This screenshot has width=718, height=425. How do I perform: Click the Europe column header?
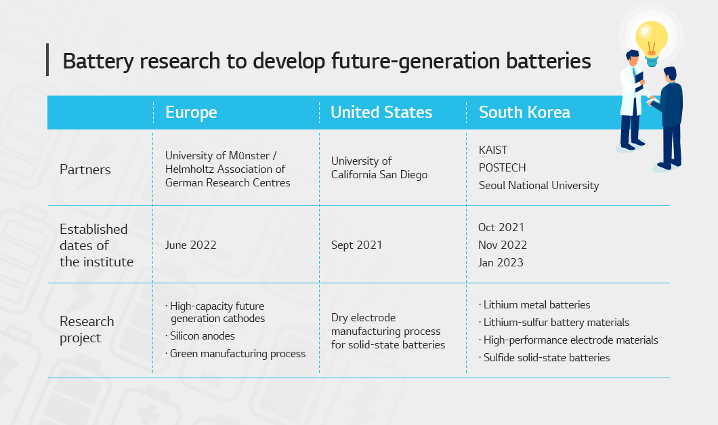[x=191, y=113]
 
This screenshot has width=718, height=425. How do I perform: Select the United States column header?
[x=381, y=113]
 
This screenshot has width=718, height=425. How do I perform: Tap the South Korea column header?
[x=524, y=113]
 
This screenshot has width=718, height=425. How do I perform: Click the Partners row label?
[x=85, y=170]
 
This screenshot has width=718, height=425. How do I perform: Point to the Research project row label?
[x=87, y=329]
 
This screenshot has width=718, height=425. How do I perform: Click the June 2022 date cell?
[x=190, y=245]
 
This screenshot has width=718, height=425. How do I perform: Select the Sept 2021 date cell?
[x=357, y=245]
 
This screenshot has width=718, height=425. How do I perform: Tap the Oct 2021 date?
[x=501, y=227]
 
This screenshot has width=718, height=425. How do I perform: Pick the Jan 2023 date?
[x=501, y=263]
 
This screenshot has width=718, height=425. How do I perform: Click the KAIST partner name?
[x=492, y=150]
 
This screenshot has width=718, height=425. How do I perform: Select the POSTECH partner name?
[x=502, y=168]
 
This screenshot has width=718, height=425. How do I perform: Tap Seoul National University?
[x=538, y=186]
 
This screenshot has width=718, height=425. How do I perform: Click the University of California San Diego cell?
[x=379, y=168]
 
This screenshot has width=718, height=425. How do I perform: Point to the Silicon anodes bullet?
[x=200, y=336]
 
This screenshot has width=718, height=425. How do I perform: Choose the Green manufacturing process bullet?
[x=235, y=354]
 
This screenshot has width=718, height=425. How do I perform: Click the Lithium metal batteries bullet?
[x=534, y=305]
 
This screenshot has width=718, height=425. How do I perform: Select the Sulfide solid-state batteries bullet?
[x=545, y=358]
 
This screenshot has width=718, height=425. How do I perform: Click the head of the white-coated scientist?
[x=633, y=58]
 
